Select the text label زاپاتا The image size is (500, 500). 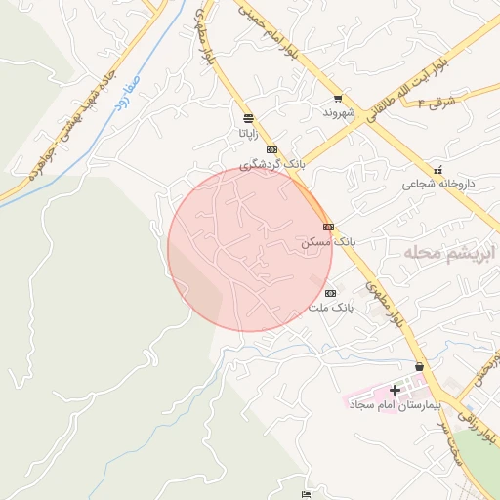coord(248,131)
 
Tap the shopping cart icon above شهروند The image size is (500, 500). coord(338,98)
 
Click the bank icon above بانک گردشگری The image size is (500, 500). coord(271,149)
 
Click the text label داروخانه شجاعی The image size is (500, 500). coord(429,184)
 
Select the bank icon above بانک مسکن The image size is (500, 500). coord(329,227)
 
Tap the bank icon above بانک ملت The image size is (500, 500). coord(330,293)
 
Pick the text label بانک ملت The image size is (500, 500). coord(329,307)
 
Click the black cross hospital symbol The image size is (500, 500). coord(395,390)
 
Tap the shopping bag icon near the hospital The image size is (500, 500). coord(420,366)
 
